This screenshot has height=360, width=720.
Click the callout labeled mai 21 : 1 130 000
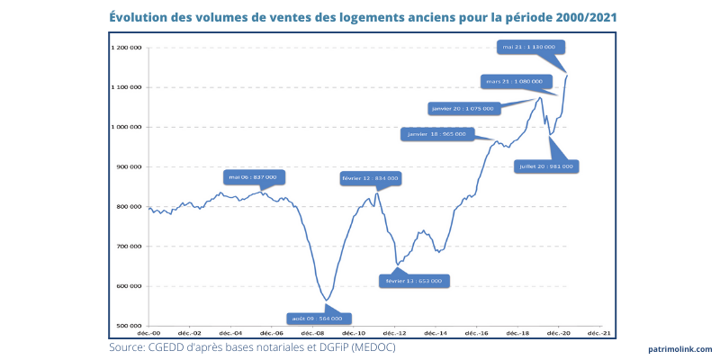[x=529, y=46]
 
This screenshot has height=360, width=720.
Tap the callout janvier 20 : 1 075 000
[x=463, y=108]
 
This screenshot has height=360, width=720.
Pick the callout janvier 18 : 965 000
[x=436, y=134]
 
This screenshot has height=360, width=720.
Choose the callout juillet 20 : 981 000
[x=546, y=166]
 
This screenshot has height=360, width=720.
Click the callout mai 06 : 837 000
[x=252, y=177]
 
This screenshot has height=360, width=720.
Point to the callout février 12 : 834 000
[x=370, y=179]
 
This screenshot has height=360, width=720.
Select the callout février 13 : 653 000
[x=413, y=280]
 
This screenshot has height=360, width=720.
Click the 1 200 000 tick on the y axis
[x=126, y=48]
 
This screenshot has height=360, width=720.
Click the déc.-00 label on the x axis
[x=148, y=333]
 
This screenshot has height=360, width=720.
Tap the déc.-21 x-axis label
[x=601, y=333]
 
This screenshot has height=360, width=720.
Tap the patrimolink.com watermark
[x=679, y=349]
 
